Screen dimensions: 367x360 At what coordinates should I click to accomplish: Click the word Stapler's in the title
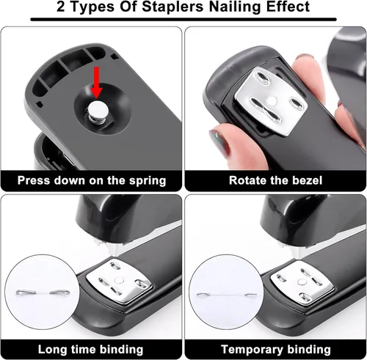coord(172,7)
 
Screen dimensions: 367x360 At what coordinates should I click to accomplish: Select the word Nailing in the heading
coord(236,7)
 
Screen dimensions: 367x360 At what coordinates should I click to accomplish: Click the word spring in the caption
coord(148,181)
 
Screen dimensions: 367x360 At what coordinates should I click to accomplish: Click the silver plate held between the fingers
coord(271,101)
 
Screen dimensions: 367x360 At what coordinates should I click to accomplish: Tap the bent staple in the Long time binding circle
coord(43,292)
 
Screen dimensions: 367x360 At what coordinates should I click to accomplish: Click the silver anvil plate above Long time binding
coord(119,280)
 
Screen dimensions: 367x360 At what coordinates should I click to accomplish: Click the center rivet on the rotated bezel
coord(272,100)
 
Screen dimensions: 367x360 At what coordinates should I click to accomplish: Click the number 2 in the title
coord(60,7)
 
